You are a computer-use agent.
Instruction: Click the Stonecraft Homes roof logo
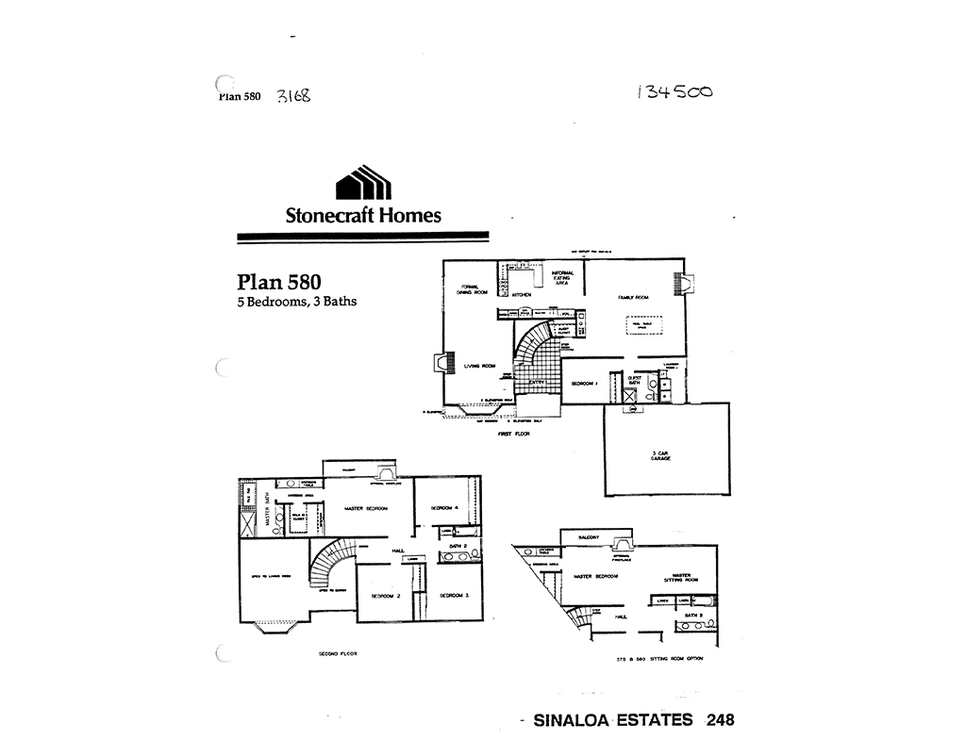coord(363,183)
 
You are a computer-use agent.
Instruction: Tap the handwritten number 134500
coord(675,91)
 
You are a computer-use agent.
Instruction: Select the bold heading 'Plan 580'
coord(278,282)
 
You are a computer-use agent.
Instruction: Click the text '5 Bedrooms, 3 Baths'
coord(296,302)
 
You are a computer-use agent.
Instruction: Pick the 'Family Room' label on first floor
coord(633,297)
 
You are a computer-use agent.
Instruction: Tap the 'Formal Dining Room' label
coord(474,289)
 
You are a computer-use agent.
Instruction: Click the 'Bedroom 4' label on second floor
coord(444,508)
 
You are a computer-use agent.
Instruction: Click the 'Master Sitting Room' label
coord(682,578)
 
